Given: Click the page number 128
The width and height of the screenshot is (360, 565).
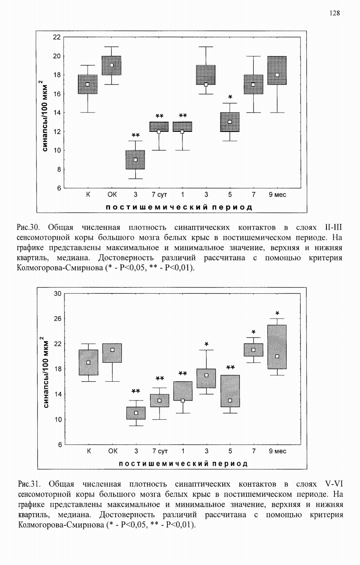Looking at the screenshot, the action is pos(334,13).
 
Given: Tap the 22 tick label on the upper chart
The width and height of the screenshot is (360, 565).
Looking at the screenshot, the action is pos(57,37).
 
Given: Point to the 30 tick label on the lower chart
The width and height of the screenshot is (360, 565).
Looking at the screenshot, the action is pos(57,294).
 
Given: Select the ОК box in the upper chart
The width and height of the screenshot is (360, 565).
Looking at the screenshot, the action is pos(111,65).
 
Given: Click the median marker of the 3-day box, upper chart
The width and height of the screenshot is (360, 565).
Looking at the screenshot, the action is pos(135,159).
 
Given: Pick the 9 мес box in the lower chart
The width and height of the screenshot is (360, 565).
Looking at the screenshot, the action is pos(277,347).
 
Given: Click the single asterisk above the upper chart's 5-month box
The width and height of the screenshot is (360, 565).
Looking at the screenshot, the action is pos(230,98).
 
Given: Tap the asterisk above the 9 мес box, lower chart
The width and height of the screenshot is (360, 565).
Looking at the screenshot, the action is pos(277,313).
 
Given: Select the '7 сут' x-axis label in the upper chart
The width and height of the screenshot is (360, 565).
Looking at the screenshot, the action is pos(159,195).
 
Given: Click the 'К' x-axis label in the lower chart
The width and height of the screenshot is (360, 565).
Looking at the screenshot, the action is pos(89,451).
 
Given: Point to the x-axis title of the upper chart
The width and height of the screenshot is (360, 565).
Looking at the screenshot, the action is pos(179,207).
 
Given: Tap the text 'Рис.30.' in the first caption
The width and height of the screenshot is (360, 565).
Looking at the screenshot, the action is pos(28,228).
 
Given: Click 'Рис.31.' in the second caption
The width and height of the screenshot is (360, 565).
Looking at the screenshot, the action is pos(29,484).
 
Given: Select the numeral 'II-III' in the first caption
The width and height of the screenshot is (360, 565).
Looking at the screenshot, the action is pos(333,228).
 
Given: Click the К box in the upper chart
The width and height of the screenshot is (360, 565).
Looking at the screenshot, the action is pos(87,84).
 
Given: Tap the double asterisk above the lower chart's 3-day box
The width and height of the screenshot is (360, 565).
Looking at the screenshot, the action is pos(136,391).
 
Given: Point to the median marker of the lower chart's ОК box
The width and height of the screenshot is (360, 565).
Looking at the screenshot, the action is pos(112,350).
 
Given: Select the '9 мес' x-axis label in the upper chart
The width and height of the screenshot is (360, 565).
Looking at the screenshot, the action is pos(277,195).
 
